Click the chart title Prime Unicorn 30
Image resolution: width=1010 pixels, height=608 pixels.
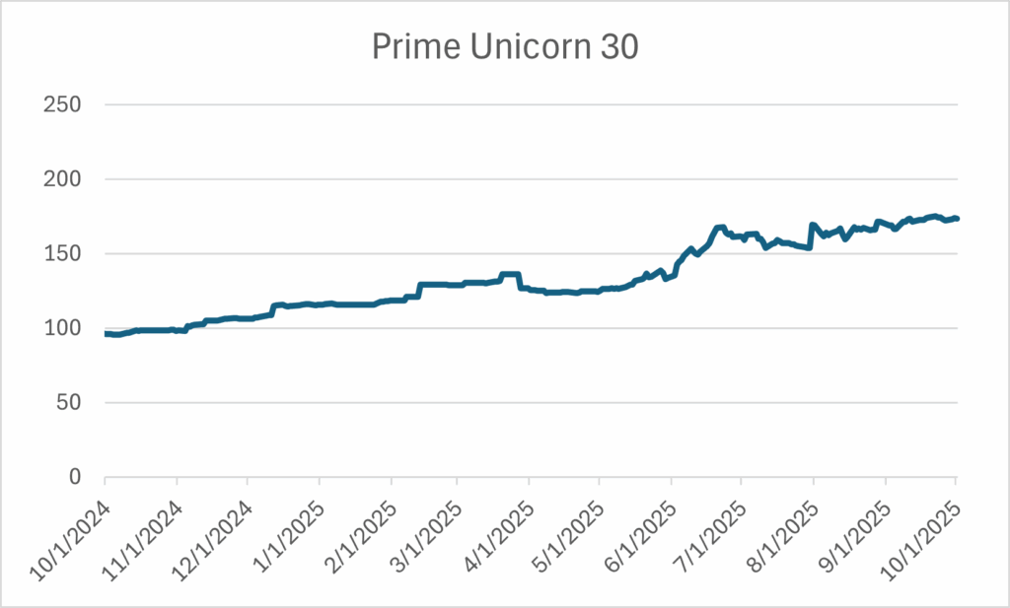pos(505,46)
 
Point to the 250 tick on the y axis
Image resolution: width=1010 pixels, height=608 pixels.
pos(65,104)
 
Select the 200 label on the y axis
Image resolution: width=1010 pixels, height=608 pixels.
pos(65,179)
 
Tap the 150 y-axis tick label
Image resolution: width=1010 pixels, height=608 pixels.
pos(65,253)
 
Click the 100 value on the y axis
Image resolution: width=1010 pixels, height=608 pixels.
pos(65,328)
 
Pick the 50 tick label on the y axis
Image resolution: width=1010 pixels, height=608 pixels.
pos(71,402)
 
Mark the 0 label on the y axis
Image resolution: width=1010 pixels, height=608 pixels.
pos(78,477)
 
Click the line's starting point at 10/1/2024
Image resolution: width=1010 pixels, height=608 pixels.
pos(106,334)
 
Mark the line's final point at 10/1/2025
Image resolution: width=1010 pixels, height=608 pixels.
pos(957,219)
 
